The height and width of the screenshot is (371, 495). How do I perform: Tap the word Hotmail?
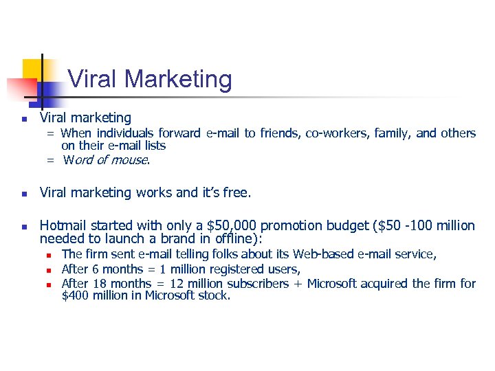65,225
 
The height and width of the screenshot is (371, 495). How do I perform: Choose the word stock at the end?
213,295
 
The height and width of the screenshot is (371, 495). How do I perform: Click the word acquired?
384,283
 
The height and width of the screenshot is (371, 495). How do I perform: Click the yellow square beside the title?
33,69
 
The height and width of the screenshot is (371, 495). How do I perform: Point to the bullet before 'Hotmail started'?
24,226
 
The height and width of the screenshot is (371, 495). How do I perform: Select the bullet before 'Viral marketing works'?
24,194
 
